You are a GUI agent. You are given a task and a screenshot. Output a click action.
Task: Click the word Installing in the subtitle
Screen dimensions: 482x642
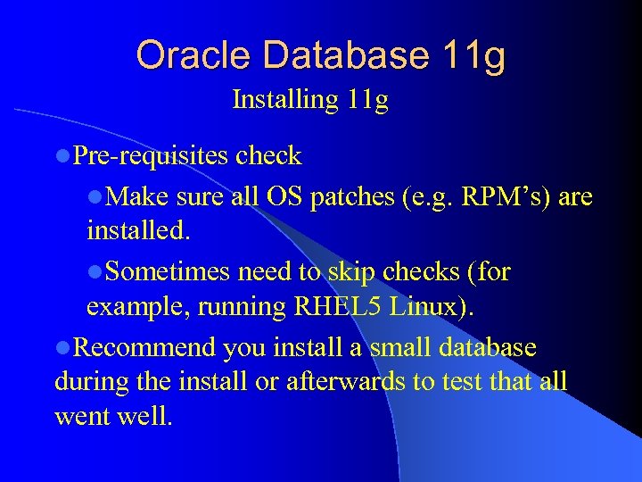281,100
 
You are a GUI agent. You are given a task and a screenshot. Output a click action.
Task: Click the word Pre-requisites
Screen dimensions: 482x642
151,156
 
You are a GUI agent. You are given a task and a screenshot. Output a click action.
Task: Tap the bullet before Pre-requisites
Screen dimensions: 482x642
62,157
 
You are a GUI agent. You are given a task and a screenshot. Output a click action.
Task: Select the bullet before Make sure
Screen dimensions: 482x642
95,196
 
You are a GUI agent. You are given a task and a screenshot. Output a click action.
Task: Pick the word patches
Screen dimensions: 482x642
351,195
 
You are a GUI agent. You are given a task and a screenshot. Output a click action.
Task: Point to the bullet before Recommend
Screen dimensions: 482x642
62,347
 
